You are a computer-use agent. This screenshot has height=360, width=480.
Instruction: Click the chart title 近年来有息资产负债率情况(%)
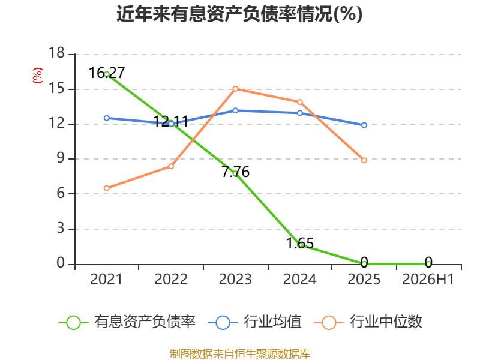coord(239,14)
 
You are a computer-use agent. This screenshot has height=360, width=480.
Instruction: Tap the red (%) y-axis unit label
coord(38,76)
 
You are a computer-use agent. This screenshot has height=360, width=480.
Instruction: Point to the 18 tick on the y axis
coord(56,53)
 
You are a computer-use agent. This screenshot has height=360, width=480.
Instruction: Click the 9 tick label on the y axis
coord(61,158)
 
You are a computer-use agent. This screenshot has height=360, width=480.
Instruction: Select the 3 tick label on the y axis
coord(61,229)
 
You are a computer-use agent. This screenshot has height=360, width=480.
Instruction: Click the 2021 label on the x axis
coord(106,279)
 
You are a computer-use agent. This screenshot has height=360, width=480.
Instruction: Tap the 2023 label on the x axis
coord(235,279)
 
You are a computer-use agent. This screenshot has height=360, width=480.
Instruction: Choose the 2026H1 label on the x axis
coord(428,279)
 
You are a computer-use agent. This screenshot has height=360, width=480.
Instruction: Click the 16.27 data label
coord(107,73)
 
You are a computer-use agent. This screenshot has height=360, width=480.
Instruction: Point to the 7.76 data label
coord(235,172)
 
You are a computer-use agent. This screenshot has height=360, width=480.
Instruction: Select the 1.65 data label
coord(299,244)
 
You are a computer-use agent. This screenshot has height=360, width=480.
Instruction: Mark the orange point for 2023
coord(235,89)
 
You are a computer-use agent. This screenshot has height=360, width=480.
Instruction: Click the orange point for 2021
coord(107,188)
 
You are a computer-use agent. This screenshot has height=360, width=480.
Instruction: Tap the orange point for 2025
coord(364,160)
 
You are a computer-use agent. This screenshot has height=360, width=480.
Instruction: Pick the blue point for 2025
coord(364,125)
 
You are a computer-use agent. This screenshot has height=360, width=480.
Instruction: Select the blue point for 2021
coord(107,118)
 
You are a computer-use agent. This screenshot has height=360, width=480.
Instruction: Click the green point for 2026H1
coord(428,263)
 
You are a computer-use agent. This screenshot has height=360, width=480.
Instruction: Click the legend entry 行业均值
coord(254,322)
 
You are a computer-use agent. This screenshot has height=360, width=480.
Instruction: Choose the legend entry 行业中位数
coord(368,322)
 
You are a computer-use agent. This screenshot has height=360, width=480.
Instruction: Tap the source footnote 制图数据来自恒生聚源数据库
coord(240,354)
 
